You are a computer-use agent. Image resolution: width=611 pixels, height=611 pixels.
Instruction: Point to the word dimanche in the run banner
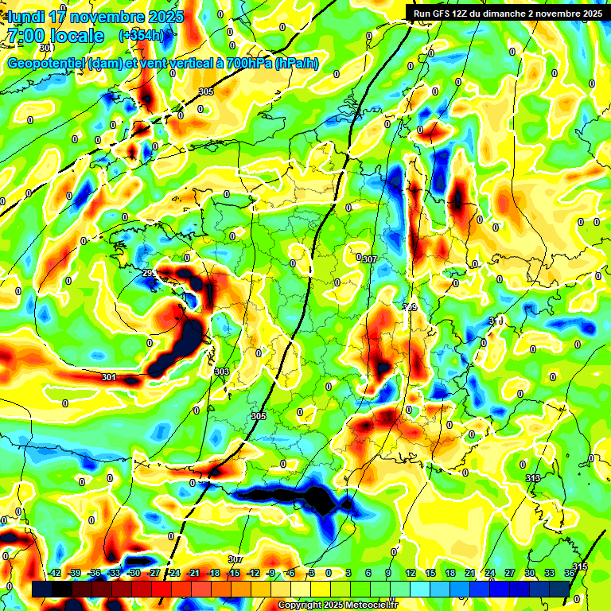[508, 13]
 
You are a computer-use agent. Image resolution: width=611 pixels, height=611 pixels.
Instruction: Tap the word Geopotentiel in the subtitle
[46, 63]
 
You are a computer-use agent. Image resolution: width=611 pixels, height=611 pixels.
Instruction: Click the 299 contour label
[149, 274]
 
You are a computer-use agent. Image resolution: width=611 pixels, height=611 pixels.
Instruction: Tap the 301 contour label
[109, 377]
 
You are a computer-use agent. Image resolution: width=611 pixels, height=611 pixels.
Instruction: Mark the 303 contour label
[222, 372]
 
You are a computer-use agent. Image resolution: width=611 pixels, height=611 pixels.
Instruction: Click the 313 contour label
[533, 477]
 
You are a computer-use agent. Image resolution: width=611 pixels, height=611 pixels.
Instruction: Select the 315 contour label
[580, 566]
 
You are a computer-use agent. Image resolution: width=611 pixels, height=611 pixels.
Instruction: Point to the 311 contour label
[496, 320]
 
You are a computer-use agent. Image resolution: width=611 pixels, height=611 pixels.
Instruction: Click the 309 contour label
[410, 306]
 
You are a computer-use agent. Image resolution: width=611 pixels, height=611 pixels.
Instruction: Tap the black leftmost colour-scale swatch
[39, 587]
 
